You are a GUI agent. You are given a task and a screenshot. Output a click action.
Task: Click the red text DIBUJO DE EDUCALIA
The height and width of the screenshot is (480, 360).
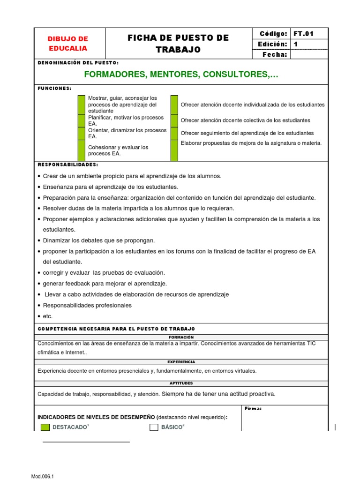(68, 44)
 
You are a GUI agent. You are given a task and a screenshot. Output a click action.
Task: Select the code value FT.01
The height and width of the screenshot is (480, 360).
(303, 33)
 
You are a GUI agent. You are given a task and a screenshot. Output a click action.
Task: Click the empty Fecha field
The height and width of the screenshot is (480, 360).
(309, 54)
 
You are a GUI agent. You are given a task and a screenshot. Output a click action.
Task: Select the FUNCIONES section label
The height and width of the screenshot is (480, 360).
(54, 88)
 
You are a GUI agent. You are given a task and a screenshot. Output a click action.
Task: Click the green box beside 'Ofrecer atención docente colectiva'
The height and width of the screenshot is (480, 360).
(174, 120)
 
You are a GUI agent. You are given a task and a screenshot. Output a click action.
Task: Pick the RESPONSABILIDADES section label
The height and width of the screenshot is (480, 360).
(67, 165)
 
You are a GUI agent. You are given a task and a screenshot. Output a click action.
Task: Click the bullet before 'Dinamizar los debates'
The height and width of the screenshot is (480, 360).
(38, 240)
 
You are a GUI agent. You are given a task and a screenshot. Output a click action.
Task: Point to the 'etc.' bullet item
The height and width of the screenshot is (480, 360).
(47, 316)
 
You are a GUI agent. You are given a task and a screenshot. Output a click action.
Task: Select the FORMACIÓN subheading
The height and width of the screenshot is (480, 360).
(181, 337)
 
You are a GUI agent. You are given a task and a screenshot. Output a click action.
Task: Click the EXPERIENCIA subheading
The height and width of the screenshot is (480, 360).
(181, 362)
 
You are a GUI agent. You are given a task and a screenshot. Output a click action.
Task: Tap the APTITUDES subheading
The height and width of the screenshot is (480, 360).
(181, 383)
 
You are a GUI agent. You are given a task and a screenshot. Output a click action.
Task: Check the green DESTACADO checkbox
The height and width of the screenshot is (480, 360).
(45, 427)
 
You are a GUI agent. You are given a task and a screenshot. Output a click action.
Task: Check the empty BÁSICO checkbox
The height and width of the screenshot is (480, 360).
(154, 427)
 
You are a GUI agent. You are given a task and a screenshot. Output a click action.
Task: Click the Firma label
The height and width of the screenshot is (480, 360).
(253, 409)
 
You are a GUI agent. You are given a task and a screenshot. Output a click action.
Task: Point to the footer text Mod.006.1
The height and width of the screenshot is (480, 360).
(43, 476)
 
